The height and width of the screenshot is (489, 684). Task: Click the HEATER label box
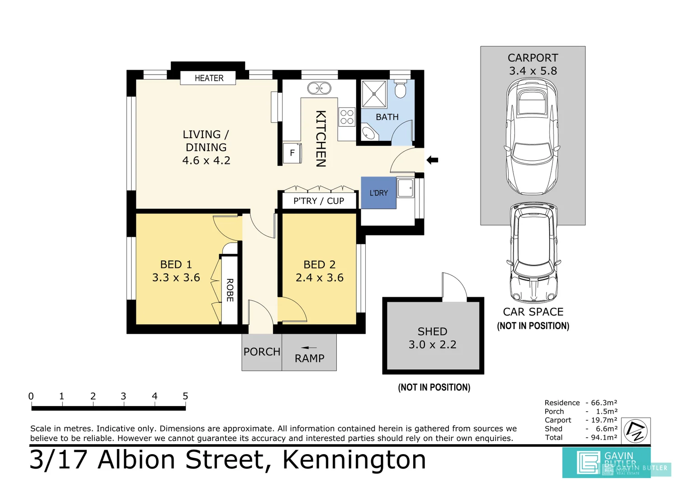[x=208, y=78]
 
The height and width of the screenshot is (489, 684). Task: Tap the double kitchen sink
[x=319, y=88]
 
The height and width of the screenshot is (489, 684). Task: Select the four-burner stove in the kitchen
[x=347, y=116]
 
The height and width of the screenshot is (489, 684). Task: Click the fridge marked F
[x=292, y=153]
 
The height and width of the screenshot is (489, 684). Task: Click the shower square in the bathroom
[x=374, y=94]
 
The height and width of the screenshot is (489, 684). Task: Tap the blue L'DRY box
[x=378, y=193]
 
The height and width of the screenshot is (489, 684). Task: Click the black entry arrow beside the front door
[x=433, y=160]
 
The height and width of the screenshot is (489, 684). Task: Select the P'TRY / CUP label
[x=319, y=201]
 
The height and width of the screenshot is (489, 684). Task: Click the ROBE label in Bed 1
[x=230, y=290]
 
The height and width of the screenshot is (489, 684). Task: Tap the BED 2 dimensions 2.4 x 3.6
[x=320, y=278]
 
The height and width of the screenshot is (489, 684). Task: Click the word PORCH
[x=262, y=352]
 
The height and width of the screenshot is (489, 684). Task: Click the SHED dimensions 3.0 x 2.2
[x=433, y=345]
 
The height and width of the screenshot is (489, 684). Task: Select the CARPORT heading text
[x=533, y=58]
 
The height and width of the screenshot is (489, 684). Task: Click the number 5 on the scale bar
[x=185, y=396]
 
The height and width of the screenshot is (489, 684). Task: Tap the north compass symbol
[x=636, y=431]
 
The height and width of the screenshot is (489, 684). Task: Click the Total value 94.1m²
[x=604, y=437]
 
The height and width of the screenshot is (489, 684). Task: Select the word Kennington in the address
[x=354, y=460]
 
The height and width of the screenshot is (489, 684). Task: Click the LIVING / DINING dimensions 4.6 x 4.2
[x=206, y=160]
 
